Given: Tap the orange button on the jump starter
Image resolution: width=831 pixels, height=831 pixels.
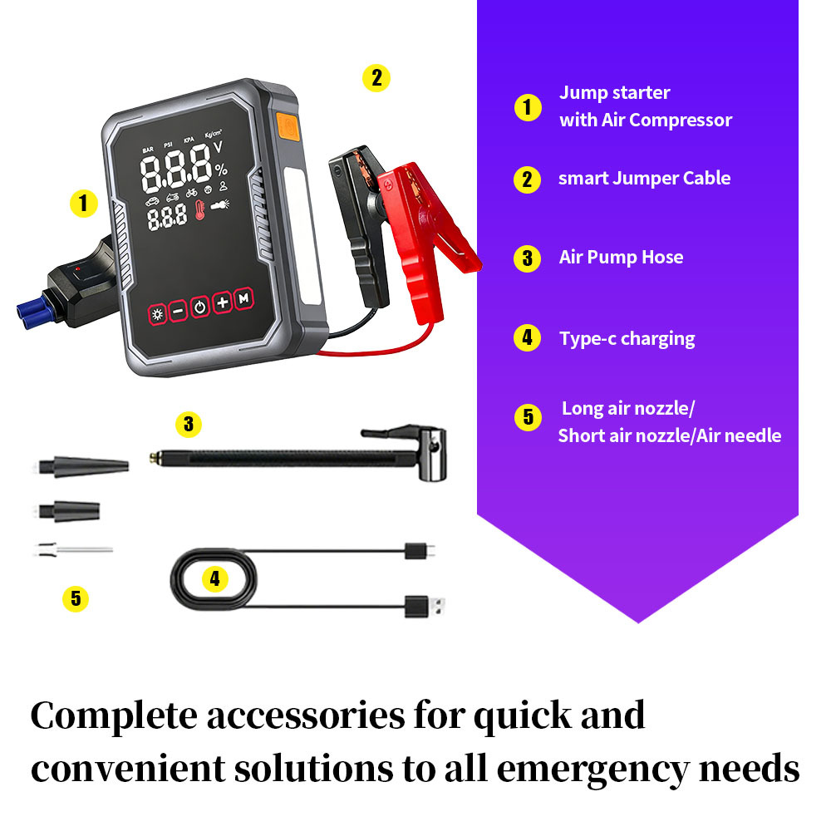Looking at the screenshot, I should tap(287, 125).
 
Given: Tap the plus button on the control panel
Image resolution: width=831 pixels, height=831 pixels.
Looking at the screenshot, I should tap(222, 303).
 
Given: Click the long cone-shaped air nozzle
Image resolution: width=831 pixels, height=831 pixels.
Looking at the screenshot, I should tap(84, 465).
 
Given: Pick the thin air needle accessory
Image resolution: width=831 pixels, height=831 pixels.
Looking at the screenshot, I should tap(75, 549).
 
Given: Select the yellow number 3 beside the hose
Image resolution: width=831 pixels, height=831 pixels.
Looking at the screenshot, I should tap(189, 425).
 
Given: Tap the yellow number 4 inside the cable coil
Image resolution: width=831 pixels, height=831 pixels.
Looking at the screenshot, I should tap(214, 579).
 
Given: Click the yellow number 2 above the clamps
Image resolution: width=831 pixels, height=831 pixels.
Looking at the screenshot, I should tap(376, 78).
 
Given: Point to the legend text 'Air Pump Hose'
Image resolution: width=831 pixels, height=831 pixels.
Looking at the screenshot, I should tap(621, 257).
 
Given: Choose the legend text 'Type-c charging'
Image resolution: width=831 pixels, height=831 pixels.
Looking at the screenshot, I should tap(627, 338).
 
